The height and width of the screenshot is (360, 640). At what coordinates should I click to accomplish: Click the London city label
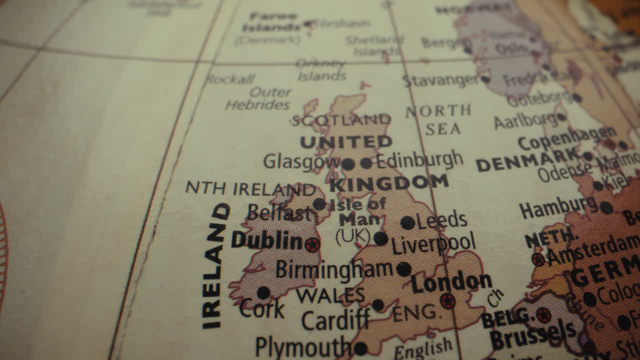[451, 282]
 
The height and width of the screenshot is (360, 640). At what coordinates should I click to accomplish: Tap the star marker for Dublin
[312, 244]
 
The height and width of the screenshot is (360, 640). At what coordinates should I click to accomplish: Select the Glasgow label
[301, 161]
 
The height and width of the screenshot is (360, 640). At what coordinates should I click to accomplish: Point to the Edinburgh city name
[419, 160]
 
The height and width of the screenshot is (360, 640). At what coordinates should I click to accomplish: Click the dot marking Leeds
[407, 222]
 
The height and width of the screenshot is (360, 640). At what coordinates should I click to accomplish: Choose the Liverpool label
[433, 243]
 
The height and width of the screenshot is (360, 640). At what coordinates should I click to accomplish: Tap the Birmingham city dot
[403, 269]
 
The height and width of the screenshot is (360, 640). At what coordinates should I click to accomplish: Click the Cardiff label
[335, 320]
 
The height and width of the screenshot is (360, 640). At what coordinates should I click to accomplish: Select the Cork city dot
[263, 292]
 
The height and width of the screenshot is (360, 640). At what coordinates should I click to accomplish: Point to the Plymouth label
[302, 346]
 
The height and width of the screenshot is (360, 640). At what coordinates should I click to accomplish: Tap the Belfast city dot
[319, 203]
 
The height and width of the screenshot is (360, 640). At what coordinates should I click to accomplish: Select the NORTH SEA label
[439, 120]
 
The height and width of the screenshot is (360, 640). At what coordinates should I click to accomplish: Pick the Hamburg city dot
[606, 207]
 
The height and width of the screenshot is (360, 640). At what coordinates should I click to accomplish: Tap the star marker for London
[447, 301]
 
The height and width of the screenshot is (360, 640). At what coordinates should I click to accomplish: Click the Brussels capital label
[532, 335]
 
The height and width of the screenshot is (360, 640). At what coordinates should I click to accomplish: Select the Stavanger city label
[440, 80]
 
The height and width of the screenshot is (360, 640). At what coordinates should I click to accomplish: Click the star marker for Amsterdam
[538, 259]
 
